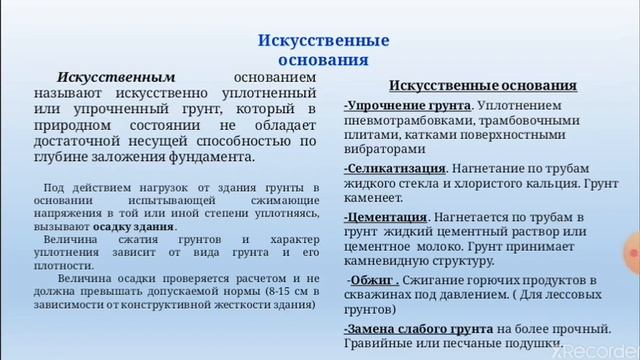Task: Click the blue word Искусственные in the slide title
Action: point(323,40)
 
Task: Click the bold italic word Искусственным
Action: point(117,76)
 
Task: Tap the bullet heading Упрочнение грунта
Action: point(407,105)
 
